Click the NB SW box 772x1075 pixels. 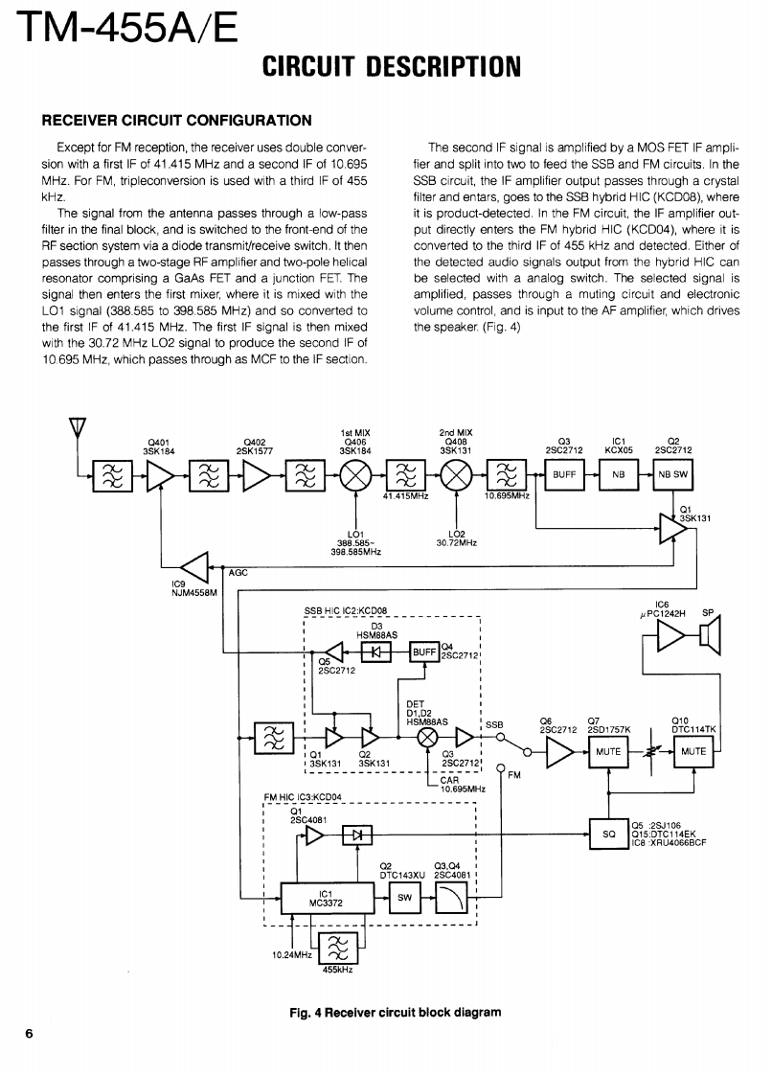click(672, 473)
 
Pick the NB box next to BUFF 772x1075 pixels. click(618, 473)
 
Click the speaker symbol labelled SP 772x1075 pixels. click(710, 635)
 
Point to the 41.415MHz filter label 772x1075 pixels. click(404, 496)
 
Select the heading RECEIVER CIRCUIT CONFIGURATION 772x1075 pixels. click(175, 120)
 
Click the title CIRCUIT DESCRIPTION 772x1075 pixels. click(392, 66)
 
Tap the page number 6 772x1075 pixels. click(30, 1033)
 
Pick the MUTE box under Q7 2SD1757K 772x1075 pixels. click(608, 752)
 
